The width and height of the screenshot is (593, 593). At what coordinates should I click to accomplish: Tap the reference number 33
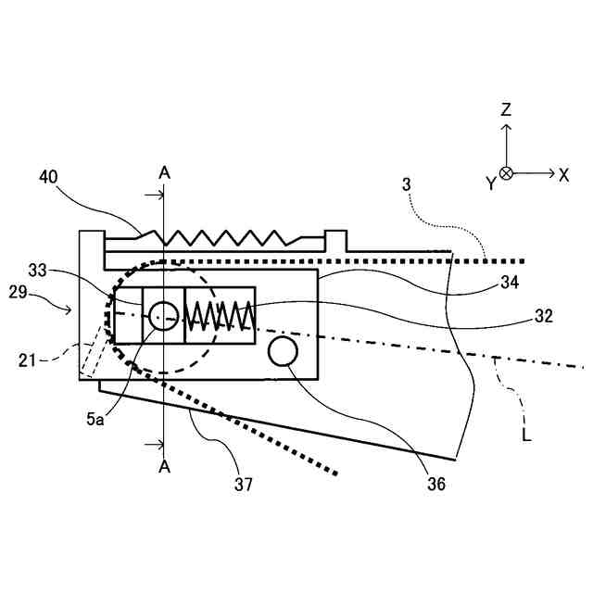click(x=38, y=271)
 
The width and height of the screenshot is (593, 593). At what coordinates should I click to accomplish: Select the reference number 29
click(x=38, y=294)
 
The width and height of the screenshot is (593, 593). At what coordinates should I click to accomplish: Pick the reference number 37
click(x=244, y=483)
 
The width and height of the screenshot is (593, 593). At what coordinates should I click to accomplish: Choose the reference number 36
click(x=435, y=483)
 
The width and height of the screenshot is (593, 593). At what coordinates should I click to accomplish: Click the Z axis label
click(x=506, y=110)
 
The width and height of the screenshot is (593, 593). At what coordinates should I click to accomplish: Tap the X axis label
click(x=563, y=173)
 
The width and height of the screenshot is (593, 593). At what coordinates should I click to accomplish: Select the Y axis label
click(x=490, y=183)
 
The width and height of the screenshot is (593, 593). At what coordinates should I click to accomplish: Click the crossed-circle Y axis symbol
click(x=506, y=173)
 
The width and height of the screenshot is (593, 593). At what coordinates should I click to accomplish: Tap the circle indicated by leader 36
click(x=283, y=351)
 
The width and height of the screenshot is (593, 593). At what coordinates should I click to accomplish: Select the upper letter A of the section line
click(x=164, y=172)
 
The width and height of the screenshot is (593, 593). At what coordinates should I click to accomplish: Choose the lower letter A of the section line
click(x=164, y=466)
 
